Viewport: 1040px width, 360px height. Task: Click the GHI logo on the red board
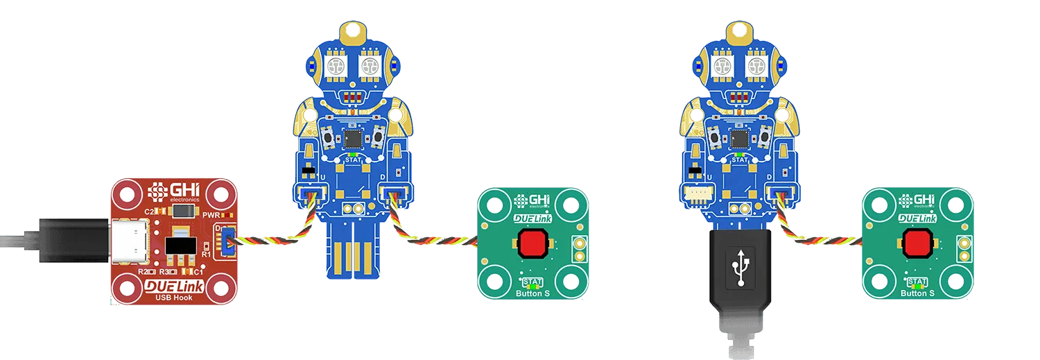(x=173, y=191)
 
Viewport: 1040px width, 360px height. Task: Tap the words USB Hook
(x=173, y=298)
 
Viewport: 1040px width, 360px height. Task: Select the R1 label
(x=205, y=255)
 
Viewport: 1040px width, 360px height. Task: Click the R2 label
(x=144, y=271)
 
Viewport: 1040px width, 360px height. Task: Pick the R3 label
(x=166, y=271)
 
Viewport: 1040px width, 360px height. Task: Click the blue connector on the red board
(x=225, y=240)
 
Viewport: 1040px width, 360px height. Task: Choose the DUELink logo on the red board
(x=173, y=286)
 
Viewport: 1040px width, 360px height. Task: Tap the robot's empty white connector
(x=694, y=196)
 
